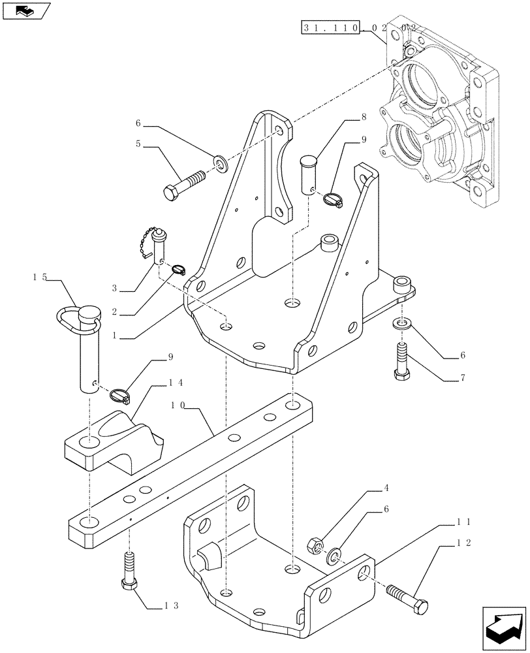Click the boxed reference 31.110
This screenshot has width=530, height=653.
[330, 28]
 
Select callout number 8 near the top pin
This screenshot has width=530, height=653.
[364, 118]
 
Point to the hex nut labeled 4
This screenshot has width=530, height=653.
[313, 543]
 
